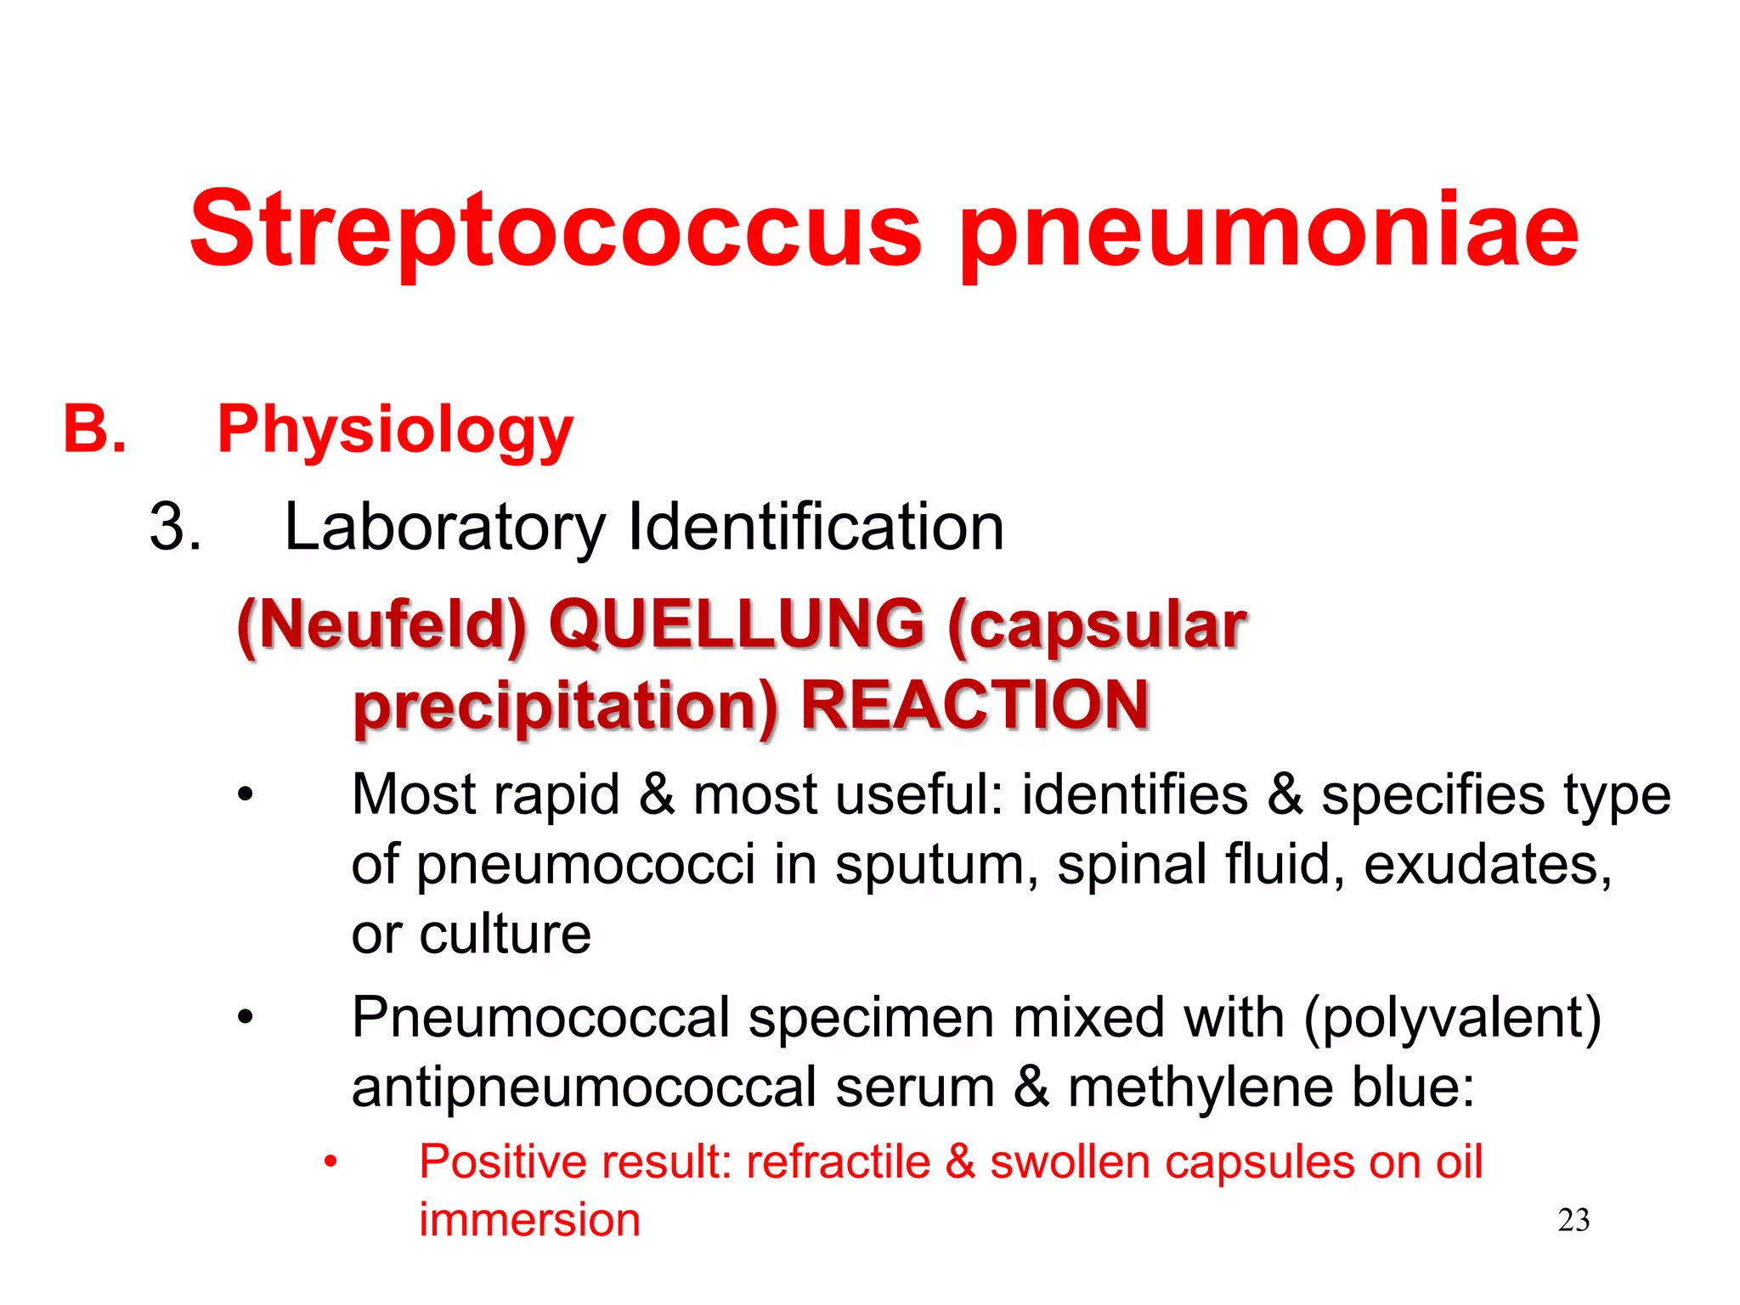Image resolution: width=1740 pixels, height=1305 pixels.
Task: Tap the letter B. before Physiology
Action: (x=94, y=429)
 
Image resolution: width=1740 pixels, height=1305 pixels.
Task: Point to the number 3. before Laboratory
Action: (x=176, y=527)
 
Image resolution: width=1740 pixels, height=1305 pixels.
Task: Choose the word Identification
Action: (x=816, y=527)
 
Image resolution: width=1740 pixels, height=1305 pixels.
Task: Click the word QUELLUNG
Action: (x=737, y=624)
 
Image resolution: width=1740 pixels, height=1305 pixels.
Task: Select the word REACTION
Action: (x=975, y=705)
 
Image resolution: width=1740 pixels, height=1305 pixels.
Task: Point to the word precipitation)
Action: (x=566, y=708)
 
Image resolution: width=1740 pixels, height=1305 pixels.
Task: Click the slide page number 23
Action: (x=1573, y=1220)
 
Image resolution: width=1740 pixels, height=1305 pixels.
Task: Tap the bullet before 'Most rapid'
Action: (x=246, y=794)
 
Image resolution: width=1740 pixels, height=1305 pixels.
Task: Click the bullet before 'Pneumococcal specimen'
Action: (x=246, y=1017)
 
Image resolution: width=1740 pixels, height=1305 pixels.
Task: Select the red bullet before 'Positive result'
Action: (x=330, y=1161)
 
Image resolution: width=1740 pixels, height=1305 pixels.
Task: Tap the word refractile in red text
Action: (x=838, y=1161)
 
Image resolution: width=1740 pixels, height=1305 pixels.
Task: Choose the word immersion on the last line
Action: (x=529, y=1220)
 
